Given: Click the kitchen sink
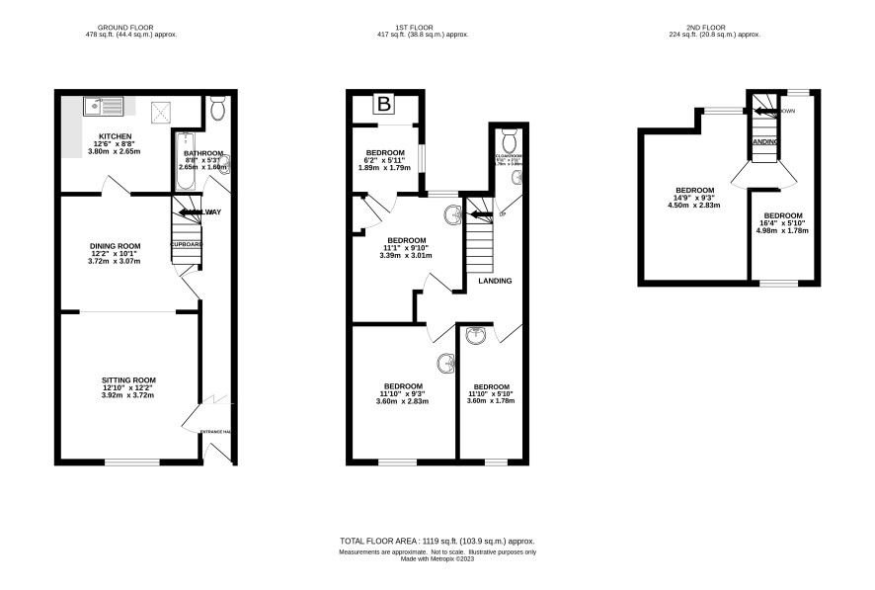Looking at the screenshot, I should (x=103, y=102).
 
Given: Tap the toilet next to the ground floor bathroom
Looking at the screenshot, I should (x=217, y=108).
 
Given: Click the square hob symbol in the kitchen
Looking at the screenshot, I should (x=160, y=110).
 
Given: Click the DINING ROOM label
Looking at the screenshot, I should (x=115, y=246).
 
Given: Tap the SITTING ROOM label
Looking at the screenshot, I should (x=128, y=379).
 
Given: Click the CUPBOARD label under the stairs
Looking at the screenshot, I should (x=188, y=244).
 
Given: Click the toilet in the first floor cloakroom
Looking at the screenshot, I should (x=510, y=134).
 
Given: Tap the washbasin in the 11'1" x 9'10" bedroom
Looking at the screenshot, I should (x=452, y=212).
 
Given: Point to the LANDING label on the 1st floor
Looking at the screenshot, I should (x=495, y=281).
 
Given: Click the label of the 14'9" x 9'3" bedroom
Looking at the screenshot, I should (x=694, y=190).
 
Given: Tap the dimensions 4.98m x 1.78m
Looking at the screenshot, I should (x=782, y=231).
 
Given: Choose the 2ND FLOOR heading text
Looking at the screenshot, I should (x=712, y=26).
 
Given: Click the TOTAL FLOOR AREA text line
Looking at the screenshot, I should (x=437, y=542).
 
